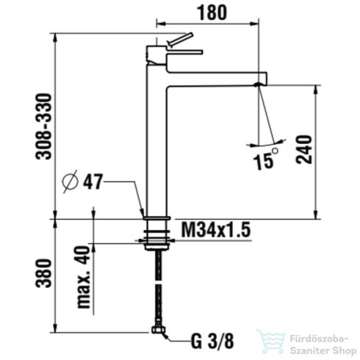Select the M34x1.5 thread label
[215, 231]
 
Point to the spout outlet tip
[257, 84]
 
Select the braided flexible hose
[156, 287]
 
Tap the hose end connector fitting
[156, 333]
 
